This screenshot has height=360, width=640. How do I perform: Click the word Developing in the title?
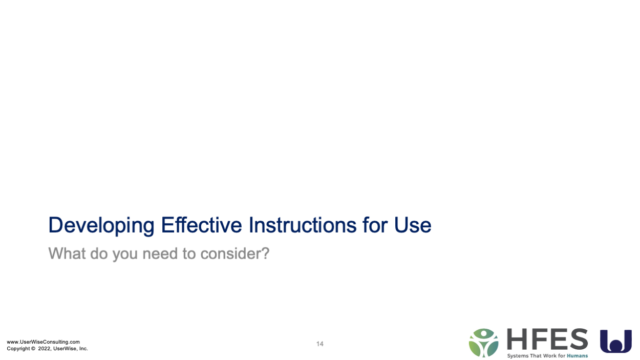click(x=101, y=226)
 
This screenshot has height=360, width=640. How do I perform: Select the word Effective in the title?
click(x=201, y=225)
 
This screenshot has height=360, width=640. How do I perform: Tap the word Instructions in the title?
click(x=303, y=225)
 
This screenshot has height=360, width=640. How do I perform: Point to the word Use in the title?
click(x=413, y=225)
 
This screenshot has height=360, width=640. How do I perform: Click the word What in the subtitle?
click(x=67, y=253)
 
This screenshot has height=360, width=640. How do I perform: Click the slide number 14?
click(x=319, y=344)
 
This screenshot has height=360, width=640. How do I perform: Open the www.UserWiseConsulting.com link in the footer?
click(x=44, y=342)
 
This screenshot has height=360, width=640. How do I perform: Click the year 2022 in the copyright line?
click(x=44, y=349)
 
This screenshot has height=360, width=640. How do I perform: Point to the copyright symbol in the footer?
click(x=33, y=349)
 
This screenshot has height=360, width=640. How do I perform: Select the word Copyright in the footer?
click(x=18, y=349)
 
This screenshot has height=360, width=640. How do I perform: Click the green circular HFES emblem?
click(x=483, y=343)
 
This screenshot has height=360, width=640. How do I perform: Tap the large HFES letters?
click(x=547, y=339)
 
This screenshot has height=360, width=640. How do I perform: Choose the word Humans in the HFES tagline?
click(x=578, y=356)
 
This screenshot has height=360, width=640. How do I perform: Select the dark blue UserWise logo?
click(x=616, y=341)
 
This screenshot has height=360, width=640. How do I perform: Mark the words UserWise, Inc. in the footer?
click(x=71, y=349)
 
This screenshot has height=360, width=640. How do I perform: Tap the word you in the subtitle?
click(x=125, y=255)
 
